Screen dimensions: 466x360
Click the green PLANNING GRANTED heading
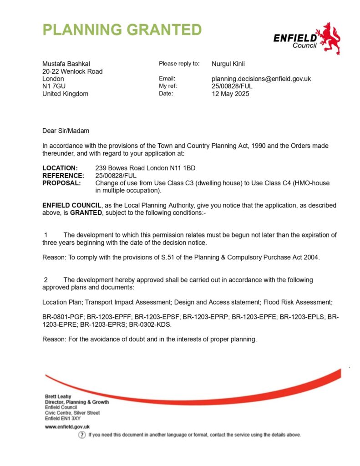pyautogui.click(x=122, y=30)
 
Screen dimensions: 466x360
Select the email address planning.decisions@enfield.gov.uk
pyautogui.click(x=261, y=79)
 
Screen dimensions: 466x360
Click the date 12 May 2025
pyautogui.click(x=230, y=94)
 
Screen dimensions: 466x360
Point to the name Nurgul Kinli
pyautogui.click(x=228, y=64)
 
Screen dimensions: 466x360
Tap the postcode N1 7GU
pyautogui.click(x=53, y=86)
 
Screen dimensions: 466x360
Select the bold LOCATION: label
pyautogui.click(x=60, y=168)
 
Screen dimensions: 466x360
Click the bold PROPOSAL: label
pyautogui.click(x=61, y=183)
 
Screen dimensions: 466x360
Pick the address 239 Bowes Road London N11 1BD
pyautogui.click(x=145, y=168)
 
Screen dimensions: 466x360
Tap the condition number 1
pyautogui.click(x=46, y=235)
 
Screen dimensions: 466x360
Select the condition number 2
pyautogui.click(x=46, y=279)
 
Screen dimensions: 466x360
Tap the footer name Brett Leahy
pyautogui.click(x=58, y=396)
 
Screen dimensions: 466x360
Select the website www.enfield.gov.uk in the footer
pyautogui.click(x=67, y=427)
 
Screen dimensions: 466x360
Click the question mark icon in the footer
pyautogui.click(x=82, y=435)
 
